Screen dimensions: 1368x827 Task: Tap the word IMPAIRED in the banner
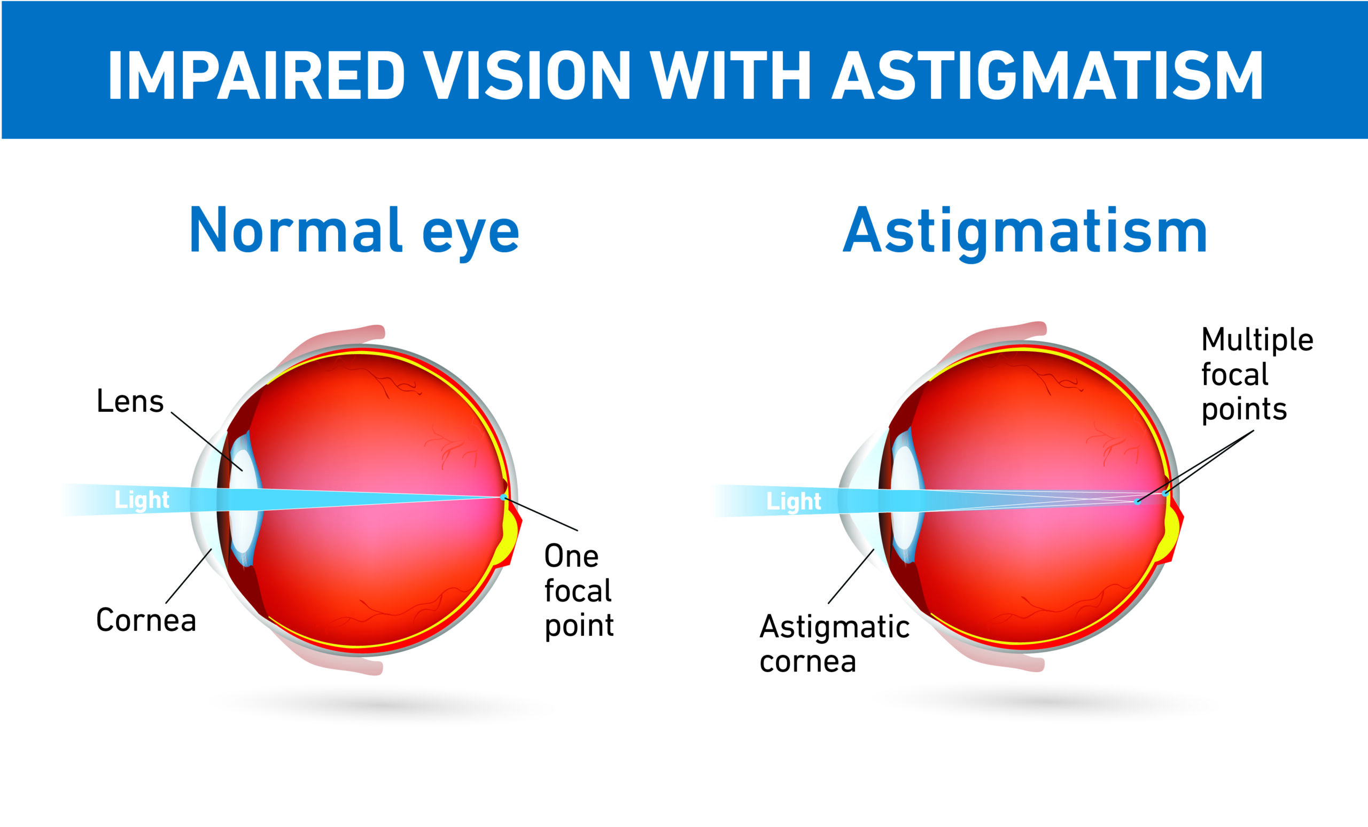[x=256, y=75]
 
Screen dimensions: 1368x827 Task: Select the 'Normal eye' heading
[x=354, y=230]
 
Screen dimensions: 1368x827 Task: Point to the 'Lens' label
[x=130, y=401]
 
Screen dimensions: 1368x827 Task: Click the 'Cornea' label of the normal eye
[x=146, y=620]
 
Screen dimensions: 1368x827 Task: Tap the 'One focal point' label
[x=579, y=590]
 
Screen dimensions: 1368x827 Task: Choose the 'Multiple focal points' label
[x=1257, y=375]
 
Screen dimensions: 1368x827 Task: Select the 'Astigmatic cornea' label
[x=835, y=644]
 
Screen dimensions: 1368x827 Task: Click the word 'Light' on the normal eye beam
[x=142, y=500]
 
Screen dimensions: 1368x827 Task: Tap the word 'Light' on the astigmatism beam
[x=794, y=501]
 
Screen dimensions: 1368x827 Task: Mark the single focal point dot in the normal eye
[x=503, y=497]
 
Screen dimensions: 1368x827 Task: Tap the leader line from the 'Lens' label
[x=207, y=441]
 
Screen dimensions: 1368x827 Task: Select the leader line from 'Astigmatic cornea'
[x=851, y=576]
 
